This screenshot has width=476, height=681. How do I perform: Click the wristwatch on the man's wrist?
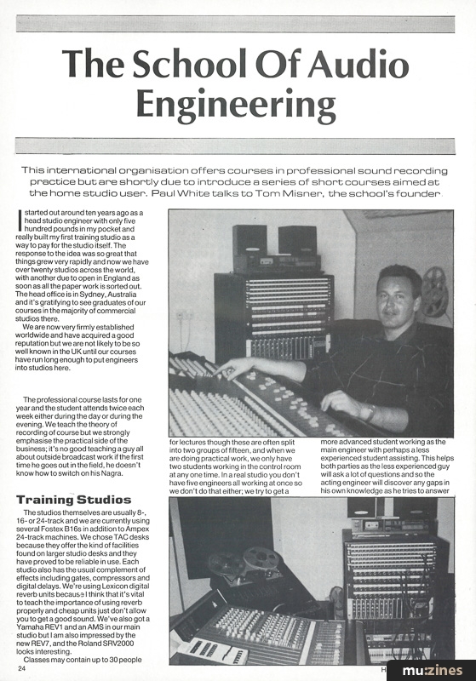click(370, 411)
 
